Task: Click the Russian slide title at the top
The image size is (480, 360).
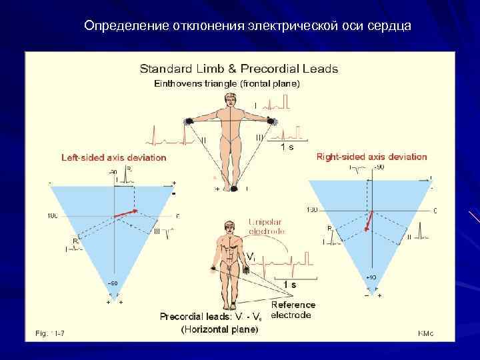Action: (x=248, y=27)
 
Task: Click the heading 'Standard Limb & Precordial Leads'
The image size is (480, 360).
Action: (x=238, y=69)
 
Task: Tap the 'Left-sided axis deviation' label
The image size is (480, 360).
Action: (x=114, y=158)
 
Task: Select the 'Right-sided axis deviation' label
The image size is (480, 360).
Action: (x=371, y=157)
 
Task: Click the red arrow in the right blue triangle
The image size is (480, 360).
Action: (x=369, y=221)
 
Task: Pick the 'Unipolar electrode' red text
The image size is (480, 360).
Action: (x=267, y=227)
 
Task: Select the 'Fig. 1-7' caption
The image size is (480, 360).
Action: (x=46, y=332)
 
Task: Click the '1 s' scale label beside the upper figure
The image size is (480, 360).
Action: (x=287, y=147)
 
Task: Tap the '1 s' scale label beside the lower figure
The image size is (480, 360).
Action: (x=289, y=285)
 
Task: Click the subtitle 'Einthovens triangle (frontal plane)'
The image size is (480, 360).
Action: (x=227, y=83)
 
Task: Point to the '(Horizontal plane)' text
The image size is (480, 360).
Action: (x=220, y=329)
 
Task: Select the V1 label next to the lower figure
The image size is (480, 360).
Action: (x=250, y=257)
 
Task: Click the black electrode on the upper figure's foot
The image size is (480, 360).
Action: (x=233, y=189)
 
